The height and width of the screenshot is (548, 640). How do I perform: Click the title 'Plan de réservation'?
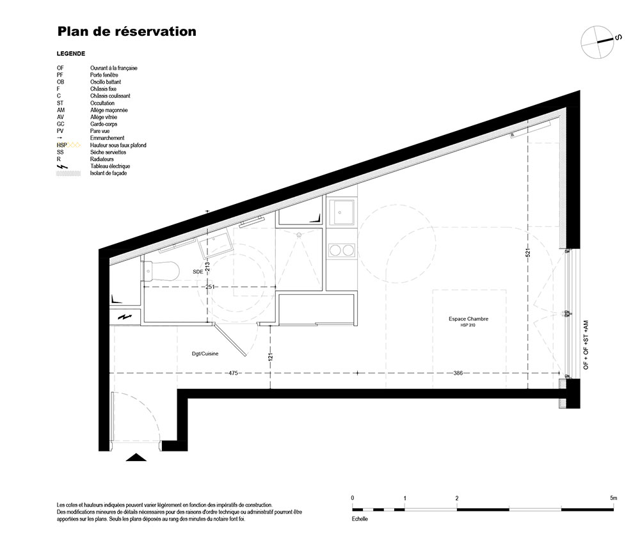(x=127, y=31)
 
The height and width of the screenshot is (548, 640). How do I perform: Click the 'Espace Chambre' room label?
(x=468, y=319)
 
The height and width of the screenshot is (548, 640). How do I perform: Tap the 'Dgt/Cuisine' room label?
(x=205, y=354)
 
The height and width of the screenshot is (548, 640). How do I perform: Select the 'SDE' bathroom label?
(x=198, y=271)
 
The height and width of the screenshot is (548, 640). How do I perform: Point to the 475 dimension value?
(x=233, y=373)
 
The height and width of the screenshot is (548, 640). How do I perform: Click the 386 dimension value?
(x=458, y=373)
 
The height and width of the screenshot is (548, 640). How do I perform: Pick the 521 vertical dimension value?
(x=528, y=253)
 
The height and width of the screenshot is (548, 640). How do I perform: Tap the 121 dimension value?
(x=270, y=357)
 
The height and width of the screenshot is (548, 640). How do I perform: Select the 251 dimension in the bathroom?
(x=210, y=287)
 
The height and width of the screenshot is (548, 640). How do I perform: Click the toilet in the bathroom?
(x=161, y=270)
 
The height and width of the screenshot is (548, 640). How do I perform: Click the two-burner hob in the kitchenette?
(x=342, y=251)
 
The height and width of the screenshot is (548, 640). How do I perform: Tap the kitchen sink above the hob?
(x=342, y=212)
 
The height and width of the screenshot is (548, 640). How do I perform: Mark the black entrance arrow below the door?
(x=136, y=457)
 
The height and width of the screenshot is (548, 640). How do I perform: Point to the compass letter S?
(x=618, y=37)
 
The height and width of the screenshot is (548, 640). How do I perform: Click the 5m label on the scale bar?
(x=614, y=498)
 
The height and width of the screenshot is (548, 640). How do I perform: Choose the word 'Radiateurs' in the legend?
(x=102, y=159)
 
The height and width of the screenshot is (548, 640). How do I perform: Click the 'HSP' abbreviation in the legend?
(x=61, y=145)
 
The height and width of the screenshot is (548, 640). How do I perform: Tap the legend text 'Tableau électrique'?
(x=110, y=166)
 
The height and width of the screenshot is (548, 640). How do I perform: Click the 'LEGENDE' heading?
(x=71, y=54)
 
